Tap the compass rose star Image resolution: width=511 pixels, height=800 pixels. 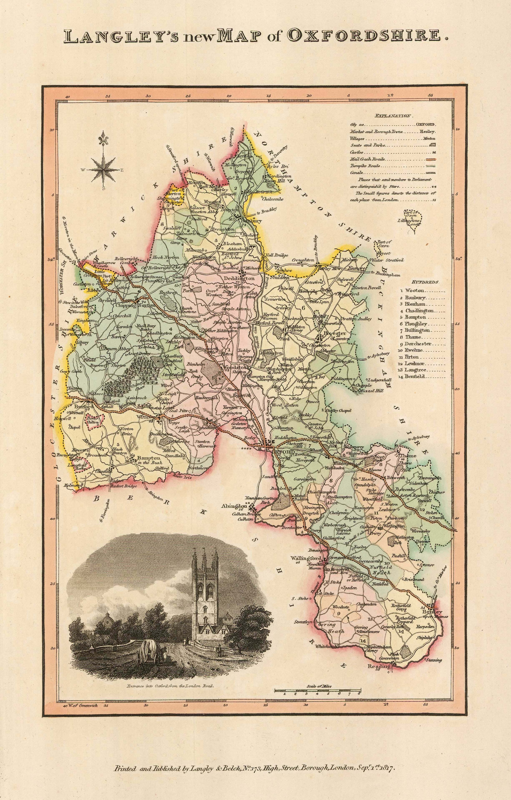pyautogui.click(x=104, y=170)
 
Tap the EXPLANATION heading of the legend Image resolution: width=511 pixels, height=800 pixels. pyautogui.click(x=393, y=116)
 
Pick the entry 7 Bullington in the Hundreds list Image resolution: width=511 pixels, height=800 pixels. pyautogui.click(x=417, y=331)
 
